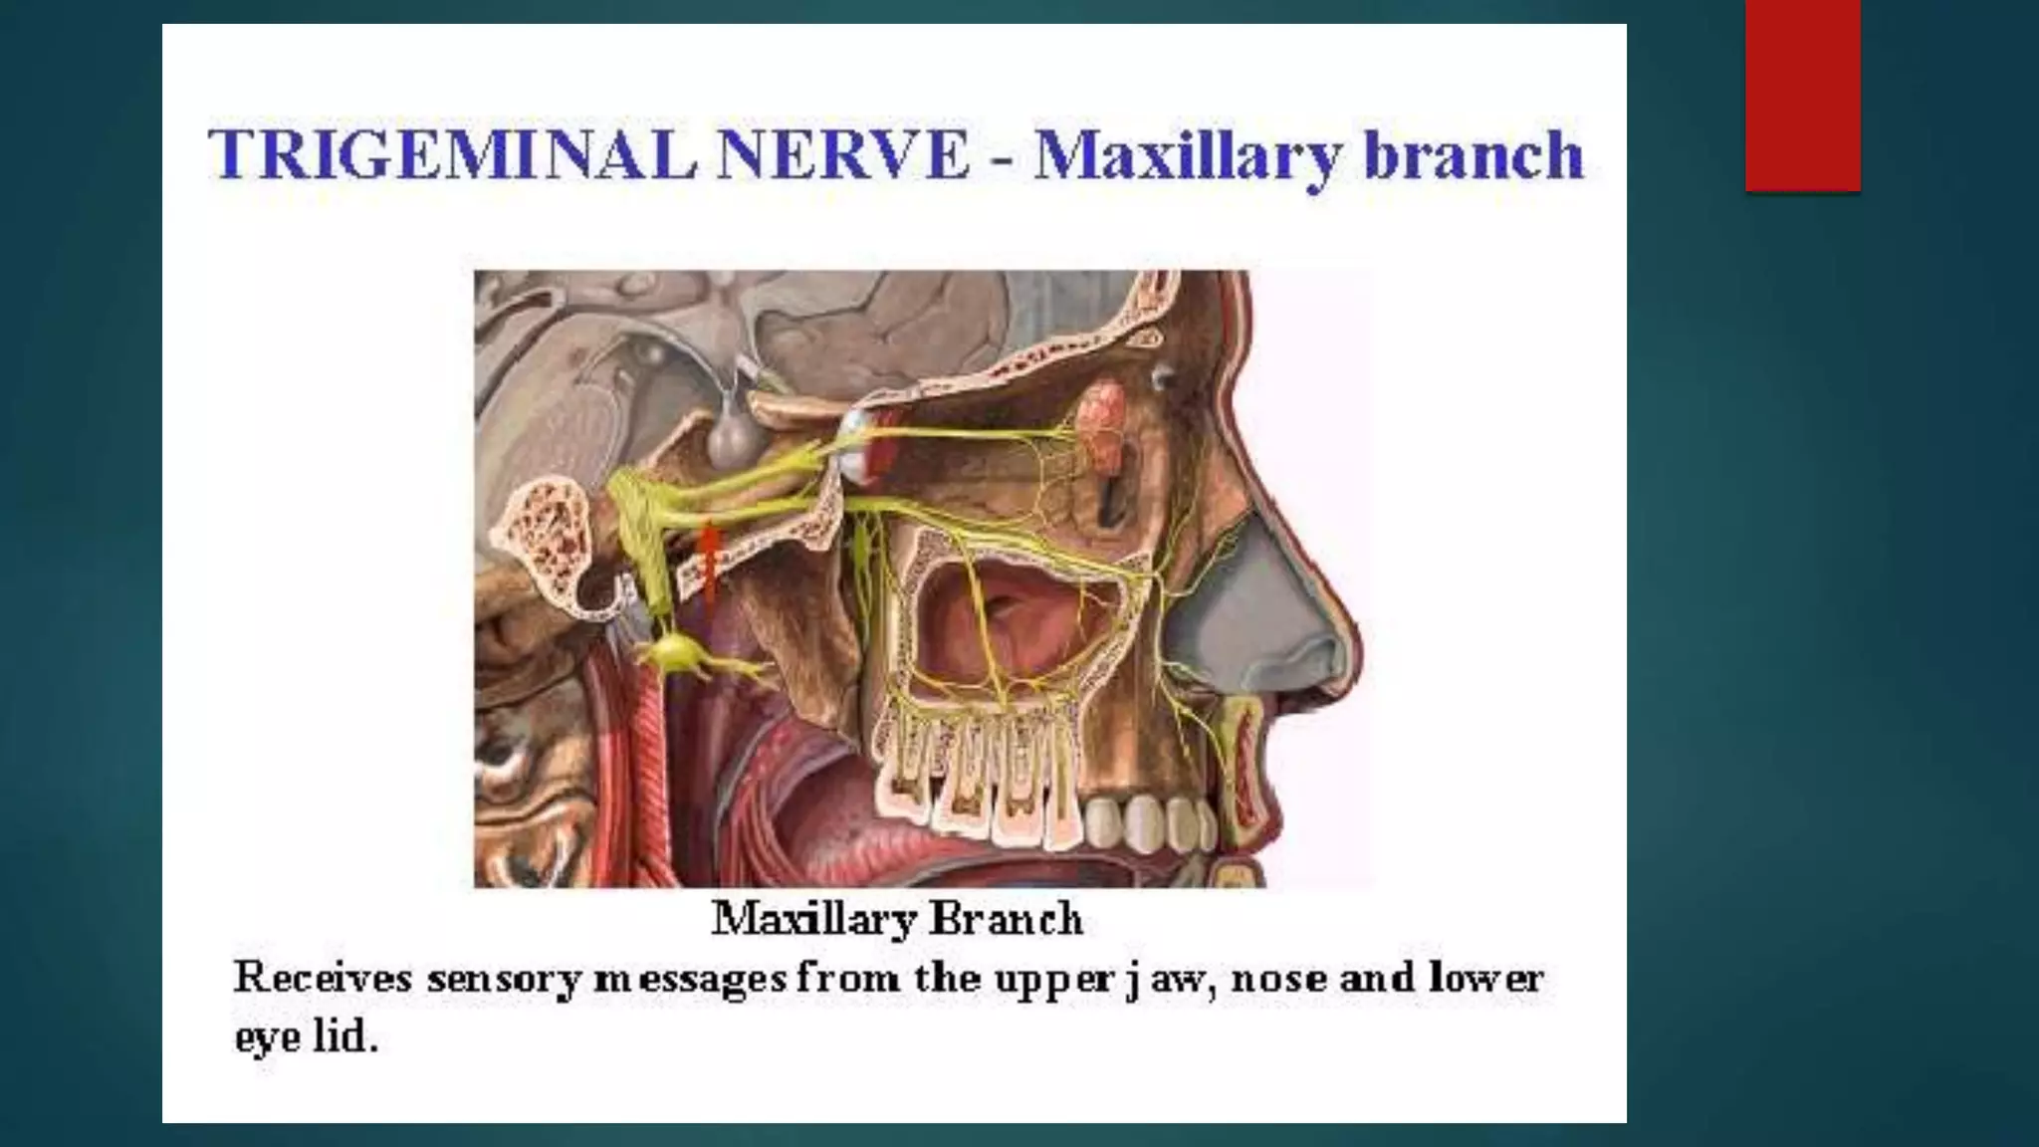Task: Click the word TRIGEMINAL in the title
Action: (x=453, y=156)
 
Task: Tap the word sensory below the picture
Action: (x=503, y=980)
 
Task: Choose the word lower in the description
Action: (x=1486, y=978)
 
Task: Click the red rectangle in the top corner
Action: (x=1802, y=95)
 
